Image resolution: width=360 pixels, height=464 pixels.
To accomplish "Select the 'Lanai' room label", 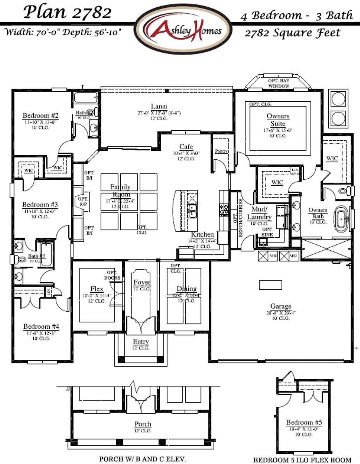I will coord(159,106).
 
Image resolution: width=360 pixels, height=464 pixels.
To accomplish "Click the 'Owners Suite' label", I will coord(278,120).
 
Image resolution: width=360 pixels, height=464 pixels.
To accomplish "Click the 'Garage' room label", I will coord(281,306).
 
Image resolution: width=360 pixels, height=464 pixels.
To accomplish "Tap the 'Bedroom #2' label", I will coord(41,116).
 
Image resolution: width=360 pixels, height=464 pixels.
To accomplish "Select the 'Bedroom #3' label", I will coord(40,205).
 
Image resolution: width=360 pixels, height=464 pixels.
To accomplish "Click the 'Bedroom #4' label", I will coord(39,326).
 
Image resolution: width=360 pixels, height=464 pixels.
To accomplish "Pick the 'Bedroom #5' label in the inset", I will coord(304,422).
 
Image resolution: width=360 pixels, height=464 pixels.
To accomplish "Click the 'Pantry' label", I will coord(221,152).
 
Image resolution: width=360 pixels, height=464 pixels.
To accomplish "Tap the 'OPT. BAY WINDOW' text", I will coord(278,83).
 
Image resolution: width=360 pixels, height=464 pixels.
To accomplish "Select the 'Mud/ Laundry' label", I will coord(259,214).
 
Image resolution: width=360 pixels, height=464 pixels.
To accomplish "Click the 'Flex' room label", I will coord(97,289).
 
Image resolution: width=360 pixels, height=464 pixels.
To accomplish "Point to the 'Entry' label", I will coord(141,342).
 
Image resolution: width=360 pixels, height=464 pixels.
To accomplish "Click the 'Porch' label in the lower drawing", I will coord(143,424).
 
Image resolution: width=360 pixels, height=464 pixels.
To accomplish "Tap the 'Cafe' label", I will coord(186,147).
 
